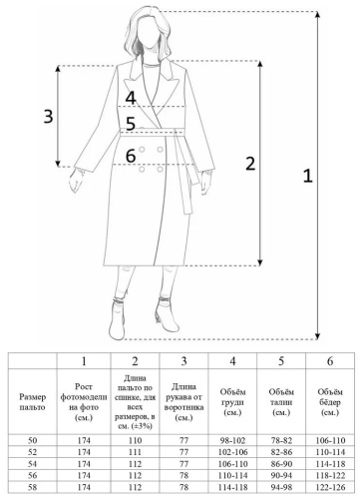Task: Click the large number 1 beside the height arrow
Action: (x=308, y=176)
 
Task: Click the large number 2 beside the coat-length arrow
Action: (x=250, y=164)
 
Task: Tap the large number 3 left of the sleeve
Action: (x=49, y=117)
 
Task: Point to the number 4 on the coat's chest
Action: (x=131, y=98)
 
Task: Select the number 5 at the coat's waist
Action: (x=131, y=124)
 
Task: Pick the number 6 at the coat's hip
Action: (x=131, y=156)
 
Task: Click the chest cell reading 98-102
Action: (x=232, y=440)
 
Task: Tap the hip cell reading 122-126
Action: (x=330, y=487)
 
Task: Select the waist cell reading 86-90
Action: (x=281, y=464)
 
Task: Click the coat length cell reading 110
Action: (x=135, y=440)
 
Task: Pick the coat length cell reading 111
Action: (x=135, y=452)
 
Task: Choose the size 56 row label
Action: (x=32, y=475)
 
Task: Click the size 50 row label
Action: (x=32, y=440)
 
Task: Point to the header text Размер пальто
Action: (x=32, y=402)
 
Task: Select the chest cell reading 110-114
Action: (x=232, y=475)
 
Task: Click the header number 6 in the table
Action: (x=330, y=361)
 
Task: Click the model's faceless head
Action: (x=147, y=32)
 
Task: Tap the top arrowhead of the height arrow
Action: (x=318, y=14)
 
